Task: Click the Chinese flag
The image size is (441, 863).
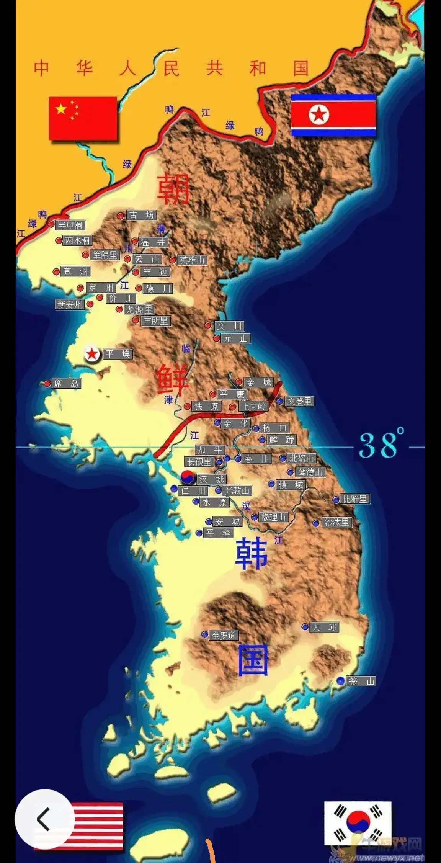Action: (x=83, y=118)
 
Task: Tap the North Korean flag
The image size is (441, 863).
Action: (x=333, y=115)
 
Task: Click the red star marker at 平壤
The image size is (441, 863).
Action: (x=92, y=354)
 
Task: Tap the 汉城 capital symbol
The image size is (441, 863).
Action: (x=188, y=477)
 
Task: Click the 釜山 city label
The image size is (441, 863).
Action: (x=361, y=681)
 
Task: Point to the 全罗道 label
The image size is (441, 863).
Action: (x=224, y=636)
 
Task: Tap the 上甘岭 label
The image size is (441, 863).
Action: (x=253, y=406)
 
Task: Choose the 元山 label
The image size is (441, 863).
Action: (x=235, y=338)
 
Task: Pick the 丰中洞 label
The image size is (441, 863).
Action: (x=70, y=225)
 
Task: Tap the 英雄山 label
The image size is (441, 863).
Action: (x=192, y=260)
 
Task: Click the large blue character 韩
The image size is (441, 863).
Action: (x=251, y=554)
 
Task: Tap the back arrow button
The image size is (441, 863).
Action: (x=44, y=819)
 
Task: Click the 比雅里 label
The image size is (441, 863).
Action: (x=355, y=499)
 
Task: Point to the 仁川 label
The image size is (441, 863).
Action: (x=193, y=491)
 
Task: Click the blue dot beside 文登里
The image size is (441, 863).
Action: (x=280, y=401)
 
